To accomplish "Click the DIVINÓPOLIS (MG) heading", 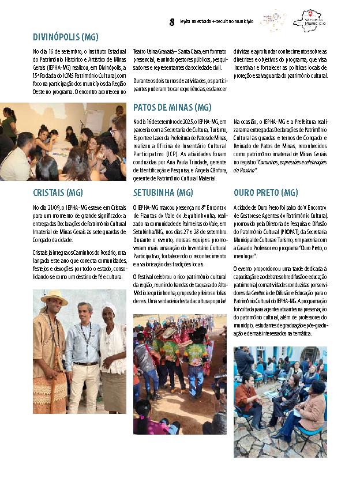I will tap(65, 37).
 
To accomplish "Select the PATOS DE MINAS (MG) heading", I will tap(172, 107).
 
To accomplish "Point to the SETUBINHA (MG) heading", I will tap(163, 193).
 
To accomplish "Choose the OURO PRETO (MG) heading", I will tap(266, 193).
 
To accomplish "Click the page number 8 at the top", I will tap(172, 22).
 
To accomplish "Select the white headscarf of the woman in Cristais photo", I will tap(109, 308).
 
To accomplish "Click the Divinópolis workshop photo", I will tap(63, 142).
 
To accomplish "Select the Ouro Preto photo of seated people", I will tap(280, 401).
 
